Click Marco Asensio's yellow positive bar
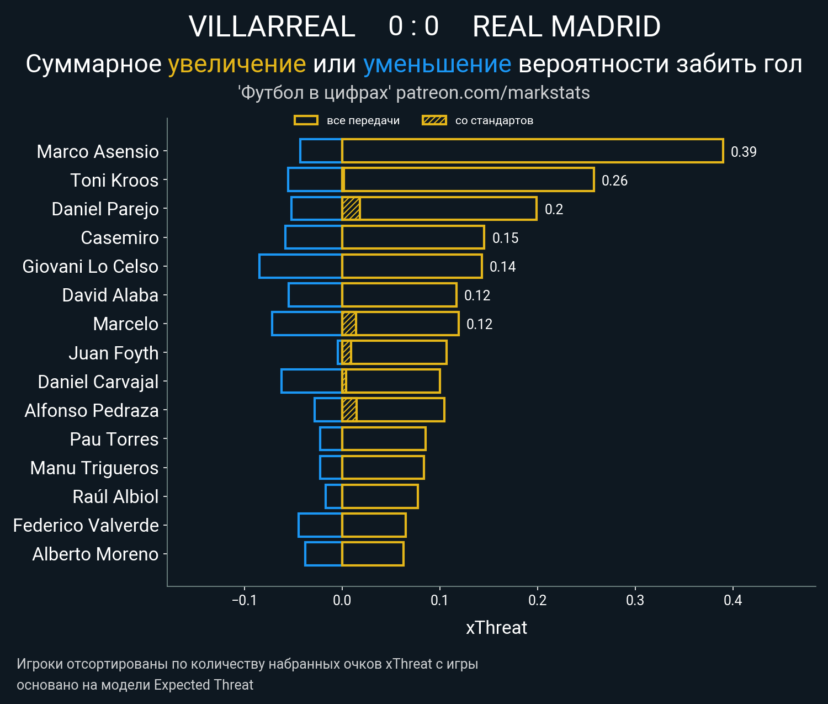[532, 151]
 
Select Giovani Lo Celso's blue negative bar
[300, 266]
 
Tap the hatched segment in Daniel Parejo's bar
[351, 209]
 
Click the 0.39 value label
[743, 152]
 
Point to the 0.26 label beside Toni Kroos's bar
[614, 181]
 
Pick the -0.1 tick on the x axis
[244, 600]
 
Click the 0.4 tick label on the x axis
[733, 600]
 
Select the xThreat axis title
[496, 628]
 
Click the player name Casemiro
[120, 237]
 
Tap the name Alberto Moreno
[95, 554]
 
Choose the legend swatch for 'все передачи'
[306, 120]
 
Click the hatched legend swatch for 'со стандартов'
[434, 120]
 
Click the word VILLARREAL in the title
[272, 27]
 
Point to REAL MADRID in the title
[566, 27]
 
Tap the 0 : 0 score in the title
[413, 27]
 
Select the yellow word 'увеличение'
[237, 64]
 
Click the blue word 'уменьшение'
[437, 64]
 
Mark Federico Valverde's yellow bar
[374, 525]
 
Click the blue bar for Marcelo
[307, 324]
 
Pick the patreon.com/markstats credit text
[493, 93]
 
